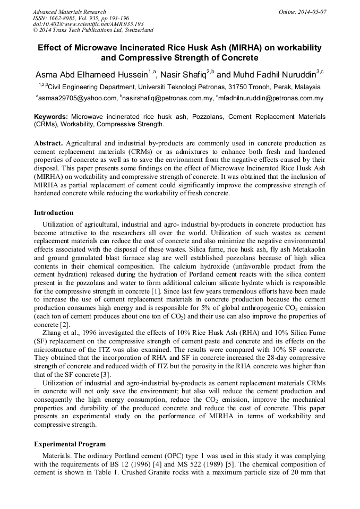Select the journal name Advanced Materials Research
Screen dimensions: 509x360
tap(70, 12)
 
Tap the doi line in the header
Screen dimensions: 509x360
tap(88, 24)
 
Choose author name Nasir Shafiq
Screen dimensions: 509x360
tap(186, 74)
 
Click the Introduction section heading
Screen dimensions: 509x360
tap(54, 213)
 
